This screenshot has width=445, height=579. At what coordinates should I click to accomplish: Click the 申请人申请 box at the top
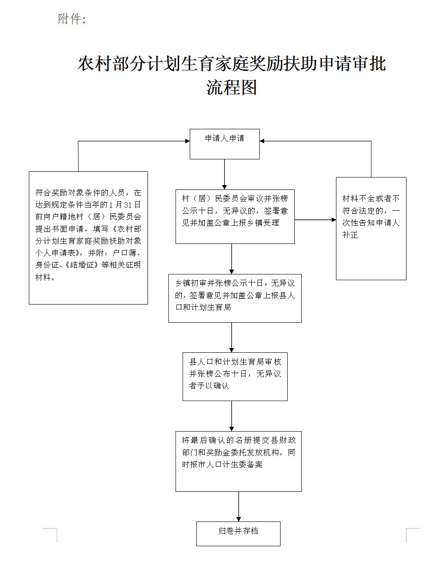click(x=224, y=144)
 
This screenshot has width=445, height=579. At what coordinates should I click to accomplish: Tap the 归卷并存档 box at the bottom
click(x=238, y=533)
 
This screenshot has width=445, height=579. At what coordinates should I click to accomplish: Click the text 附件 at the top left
click(x=70, y=19)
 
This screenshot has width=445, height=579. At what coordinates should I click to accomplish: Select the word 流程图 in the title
click(x=231, y=87)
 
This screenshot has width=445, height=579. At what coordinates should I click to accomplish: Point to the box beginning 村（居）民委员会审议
click(x=234, y=216)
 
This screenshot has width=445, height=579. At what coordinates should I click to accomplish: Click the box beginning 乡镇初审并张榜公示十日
click(x=234, y=298)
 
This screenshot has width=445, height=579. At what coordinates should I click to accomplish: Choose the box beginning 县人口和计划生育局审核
click(x=234, y=376)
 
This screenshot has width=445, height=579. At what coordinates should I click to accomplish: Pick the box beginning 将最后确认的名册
click(x=238, y=461)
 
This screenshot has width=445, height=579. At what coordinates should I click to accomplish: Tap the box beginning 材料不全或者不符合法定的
click(x=371, y=228)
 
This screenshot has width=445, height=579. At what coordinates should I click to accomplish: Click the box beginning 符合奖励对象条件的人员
click(x=88, y=237)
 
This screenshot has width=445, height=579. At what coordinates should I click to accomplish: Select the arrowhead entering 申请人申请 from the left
click(x=187, y=141)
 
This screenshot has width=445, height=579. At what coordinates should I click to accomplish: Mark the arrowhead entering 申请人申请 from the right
click(x=262, y=141)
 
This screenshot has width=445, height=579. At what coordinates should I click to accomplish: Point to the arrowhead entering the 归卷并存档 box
click(x=239, y=519)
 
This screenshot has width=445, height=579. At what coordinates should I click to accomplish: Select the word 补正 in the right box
click(x=350, y=235)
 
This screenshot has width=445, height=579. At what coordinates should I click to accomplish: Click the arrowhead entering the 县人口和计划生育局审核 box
click(x=231, y=350)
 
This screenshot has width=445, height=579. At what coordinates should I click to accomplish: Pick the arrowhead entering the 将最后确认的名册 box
click(x=231, y=428)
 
